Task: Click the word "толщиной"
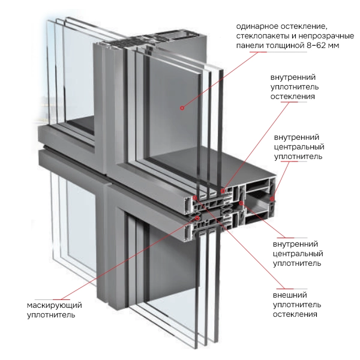[274, 45]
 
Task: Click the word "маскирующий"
[54, 305]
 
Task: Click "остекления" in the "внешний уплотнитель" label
[295, 314]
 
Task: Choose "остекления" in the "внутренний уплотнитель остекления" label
[293, 97]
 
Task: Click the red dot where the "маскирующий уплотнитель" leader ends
[192, 227]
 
